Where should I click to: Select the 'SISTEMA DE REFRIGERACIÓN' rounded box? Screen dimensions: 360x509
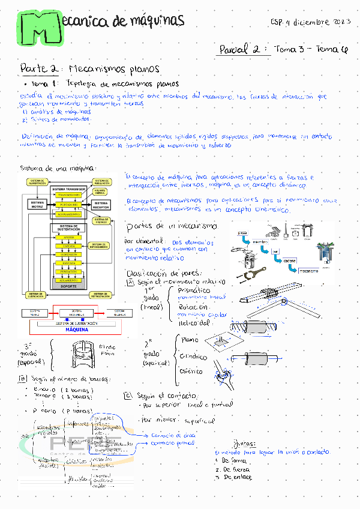[x=100, y=295]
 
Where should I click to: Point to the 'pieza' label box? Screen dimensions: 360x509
[x=242, y=232]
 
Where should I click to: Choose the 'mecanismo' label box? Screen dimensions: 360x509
[x=310, y=271]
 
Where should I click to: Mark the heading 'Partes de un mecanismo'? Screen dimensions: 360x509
[x=172, y=226]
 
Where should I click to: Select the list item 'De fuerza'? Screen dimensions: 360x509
[x=236, y=469]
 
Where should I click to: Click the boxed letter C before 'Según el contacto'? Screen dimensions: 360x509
[x=128, y=396]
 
